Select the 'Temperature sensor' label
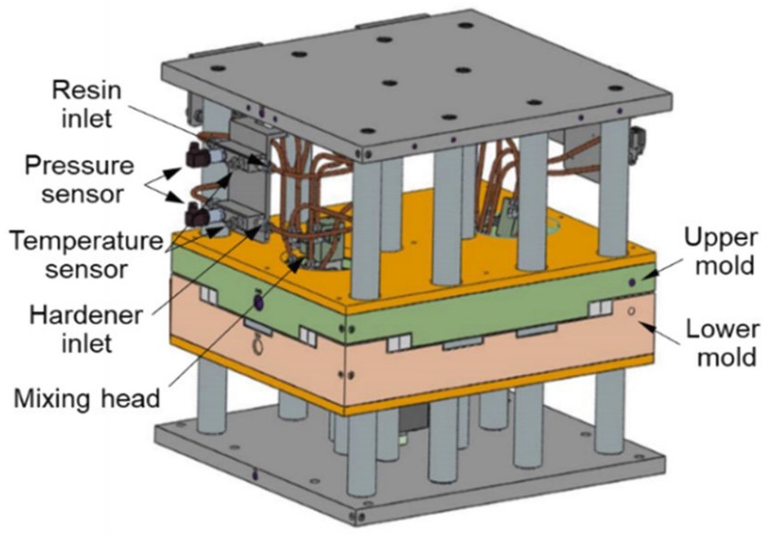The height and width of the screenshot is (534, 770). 81,252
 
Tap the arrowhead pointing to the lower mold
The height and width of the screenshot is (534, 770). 655,328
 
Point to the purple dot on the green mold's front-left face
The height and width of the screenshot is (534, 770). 258,304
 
